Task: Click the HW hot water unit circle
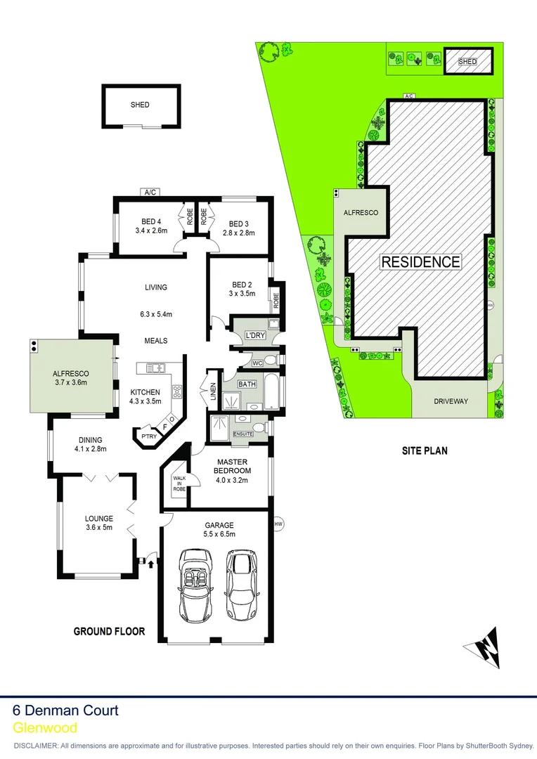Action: (x=278, y=524)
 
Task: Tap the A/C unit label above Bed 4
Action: (x=149, y=192)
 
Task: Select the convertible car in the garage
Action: (x=193, y=584)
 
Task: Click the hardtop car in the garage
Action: (x=241, y=583)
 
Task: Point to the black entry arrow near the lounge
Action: (x=150, y=560)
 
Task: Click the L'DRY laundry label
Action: (x=254, y=336)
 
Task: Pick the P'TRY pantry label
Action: (x=149, y=436)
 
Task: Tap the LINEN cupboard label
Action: (x=212, y=389)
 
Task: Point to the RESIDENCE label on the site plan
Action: (x=420, y=262)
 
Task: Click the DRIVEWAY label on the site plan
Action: (x=449, y=401)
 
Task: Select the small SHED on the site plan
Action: (x=467, y=62)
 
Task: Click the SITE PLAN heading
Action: (x=425, y=451)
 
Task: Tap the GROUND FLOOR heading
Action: (x=110, y=631)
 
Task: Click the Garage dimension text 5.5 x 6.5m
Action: (x=220, y=535)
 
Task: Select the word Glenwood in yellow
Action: (x=45, y=728)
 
